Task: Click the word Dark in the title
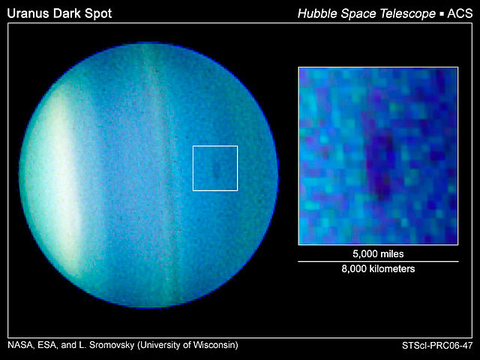coord(70,13)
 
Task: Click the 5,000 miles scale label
coord(378,253)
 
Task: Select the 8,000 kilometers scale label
coord(378,268)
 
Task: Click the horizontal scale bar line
coord(378,261)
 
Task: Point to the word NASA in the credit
coord(19,345)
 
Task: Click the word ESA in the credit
coord(48,345)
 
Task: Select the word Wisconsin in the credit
coord(211,345)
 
